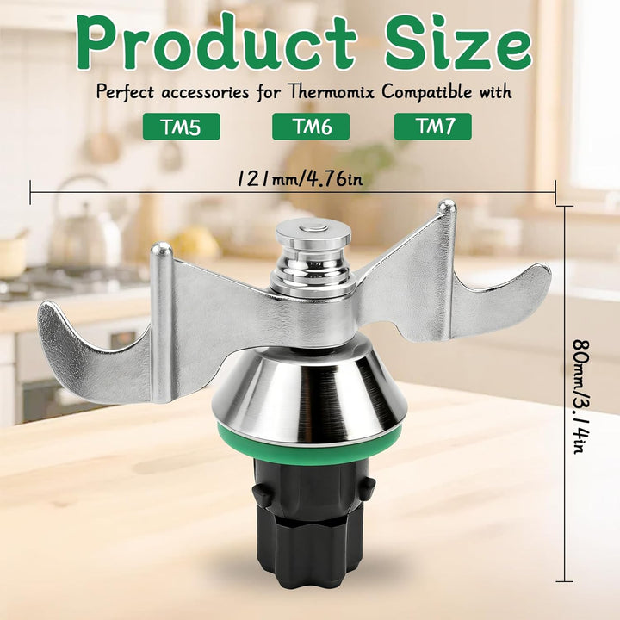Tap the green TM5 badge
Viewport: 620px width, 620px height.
182,127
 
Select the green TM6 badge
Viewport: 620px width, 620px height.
311,127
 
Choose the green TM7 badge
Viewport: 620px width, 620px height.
433,127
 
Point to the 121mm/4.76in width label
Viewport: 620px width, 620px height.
300,179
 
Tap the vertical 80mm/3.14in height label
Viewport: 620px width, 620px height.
581,396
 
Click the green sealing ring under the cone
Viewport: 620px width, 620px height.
310,446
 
